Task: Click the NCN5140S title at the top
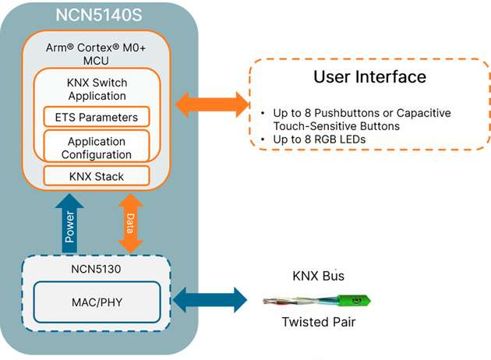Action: [x=98, y=16]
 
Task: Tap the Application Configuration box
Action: [x=97, y=147]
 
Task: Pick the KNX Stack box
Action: [x=97, y=176]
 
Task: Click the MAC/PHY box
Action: [x=97, y=300]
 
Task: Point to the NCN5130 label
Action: [x=97, y=269]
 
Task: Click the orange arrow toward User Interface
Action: [x=211, y=103]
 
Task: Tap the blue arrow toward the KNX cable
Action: [x=211, y=300]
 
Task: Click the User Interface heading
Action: [x=369, y=76]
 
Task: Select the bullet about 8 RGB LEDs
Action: [x=316, y=139]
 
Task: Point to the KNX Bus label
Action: [x=318, y=276]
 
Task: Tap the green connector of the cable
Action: [x=355, y=299]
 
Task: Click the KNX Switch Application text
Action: [x=97, y=90]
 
